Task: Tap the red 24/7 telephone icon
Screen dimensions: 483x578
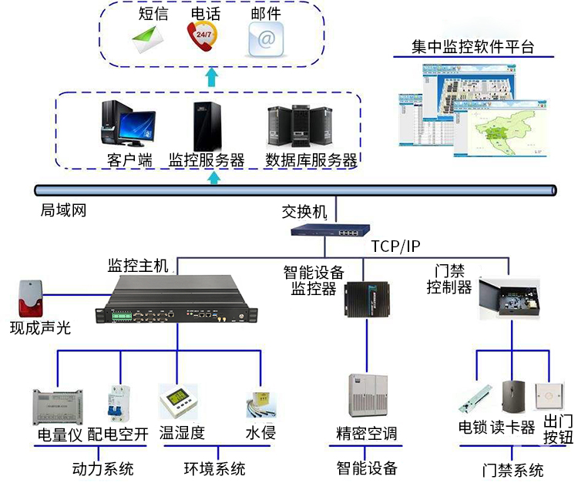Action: (202, 37)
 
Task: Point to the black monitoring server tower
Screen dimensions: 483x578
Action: (204, 126)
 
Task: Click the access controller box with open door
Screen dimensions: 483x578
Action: (508, 300)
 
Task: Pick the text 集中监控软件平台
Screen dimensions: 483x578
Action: (472, 46)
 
